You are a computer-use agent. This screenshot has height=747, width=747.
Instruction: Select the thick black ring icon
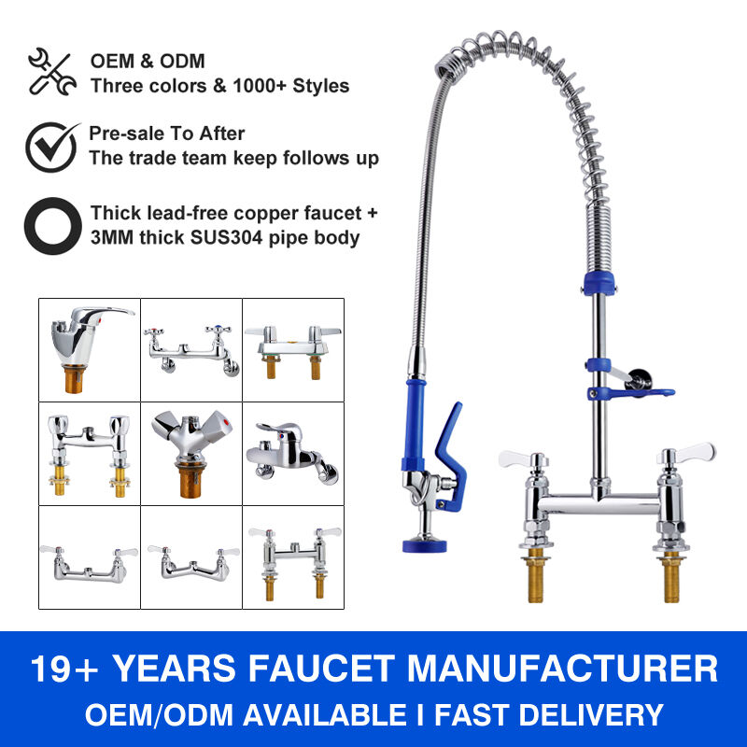coord(50,225)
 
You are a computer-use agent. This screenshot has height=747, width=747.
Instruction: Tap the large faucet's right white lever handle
coord(691,454)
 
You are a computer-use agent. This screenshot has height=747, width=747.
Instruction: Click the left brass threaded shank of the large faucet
coord(538,575)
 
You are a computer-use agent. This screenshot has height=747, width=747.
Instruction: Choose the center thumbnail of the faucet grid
coord(191,453)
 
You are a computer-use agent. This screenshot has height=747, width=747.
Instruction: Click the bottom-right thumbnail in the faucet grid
coord(293,557)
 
